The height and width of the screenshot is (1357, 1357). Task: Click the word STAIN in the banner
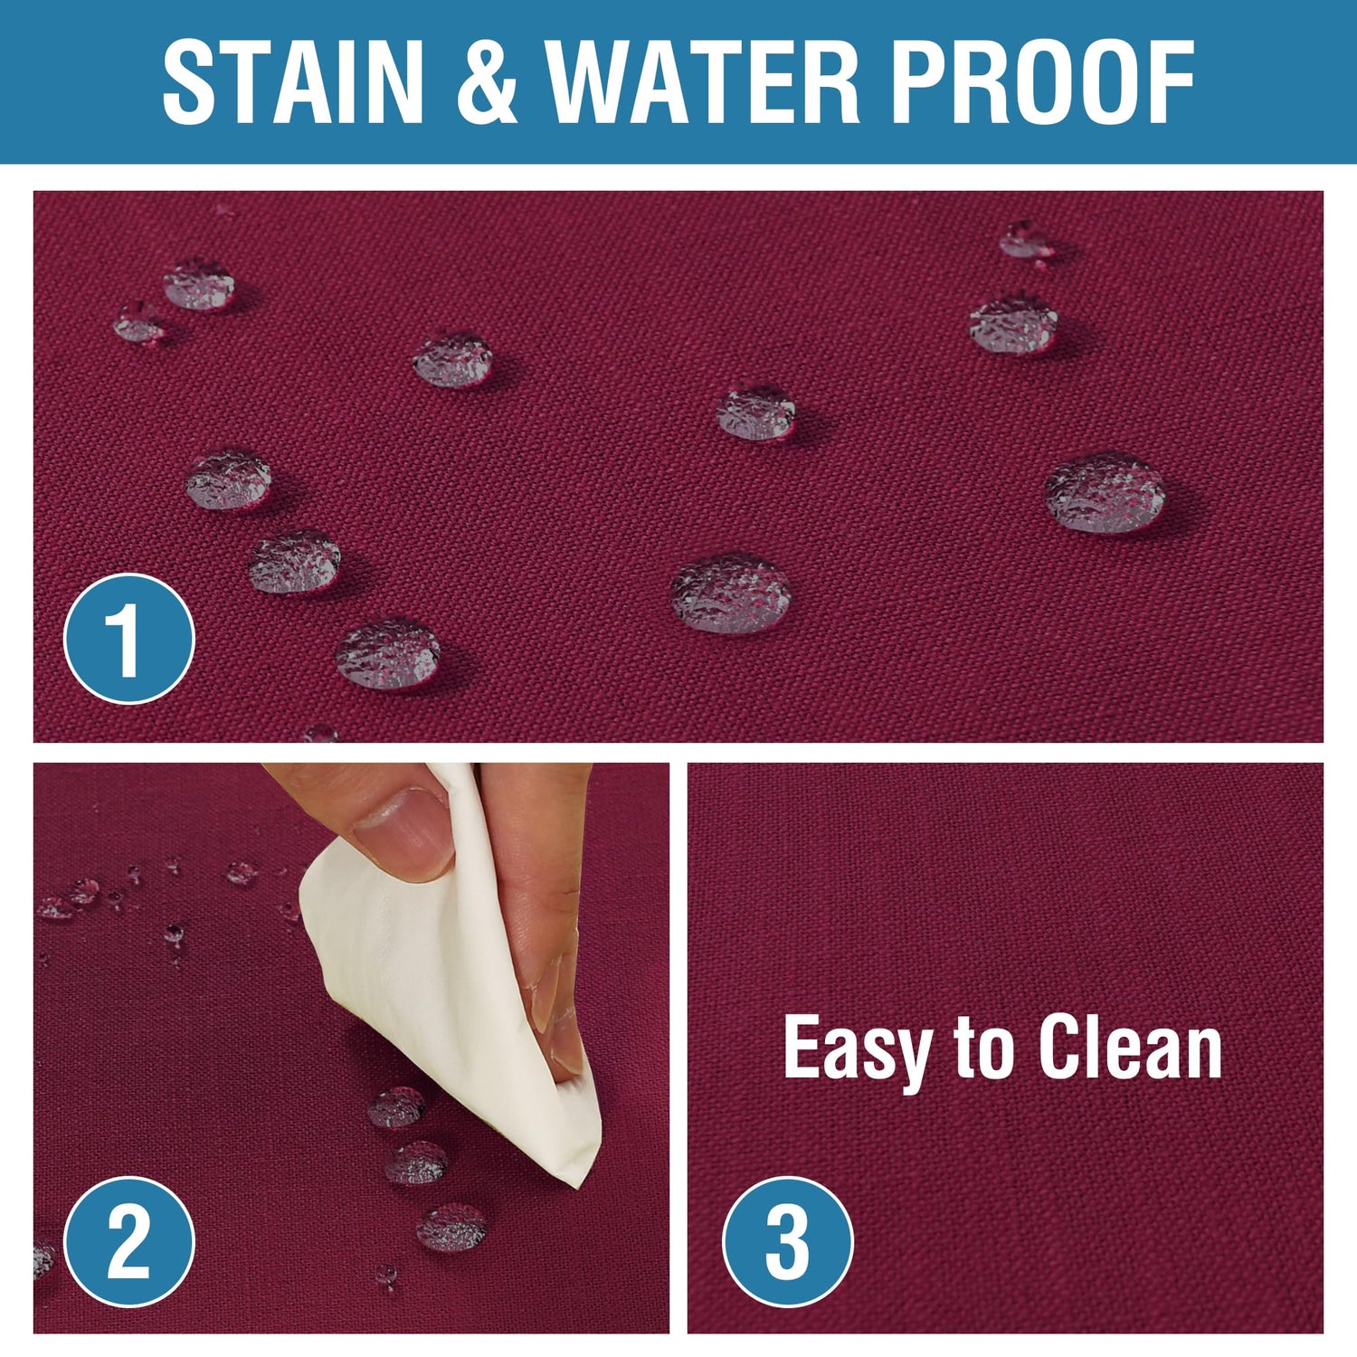click(x=293, y=82)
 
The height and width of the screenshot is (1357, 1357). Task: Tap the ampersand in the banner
click(x=487, y=82)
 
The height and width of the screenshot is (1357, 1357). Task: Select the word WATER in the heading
click(x=704, y=82)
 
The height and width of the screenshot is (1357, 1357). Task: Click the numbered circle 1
click(x=129, y=639)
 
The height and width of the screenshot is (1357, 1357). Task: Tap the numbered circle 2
click(x=129, y=1241)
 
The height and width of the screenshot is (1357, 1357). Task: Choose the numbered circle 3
click(x=788, y=1241)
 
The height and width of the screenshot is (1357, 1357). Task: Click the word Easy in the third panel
click(x=857, y=1049)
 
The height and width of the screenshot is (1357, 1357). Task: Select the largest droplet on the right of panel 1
click(x=1106, y=493)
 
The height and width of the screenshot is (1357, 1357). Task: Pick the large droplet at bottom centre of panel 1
click(x=731, y=593)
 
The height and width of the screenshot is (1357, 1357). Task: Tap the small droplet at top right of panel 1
click(x=1025, y=239)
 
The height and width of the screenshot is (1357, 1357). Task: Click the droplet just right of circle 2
click(x=451, y=1228)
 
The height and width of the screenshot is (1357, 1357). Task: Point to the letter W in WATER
click(x=593, y=82)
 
